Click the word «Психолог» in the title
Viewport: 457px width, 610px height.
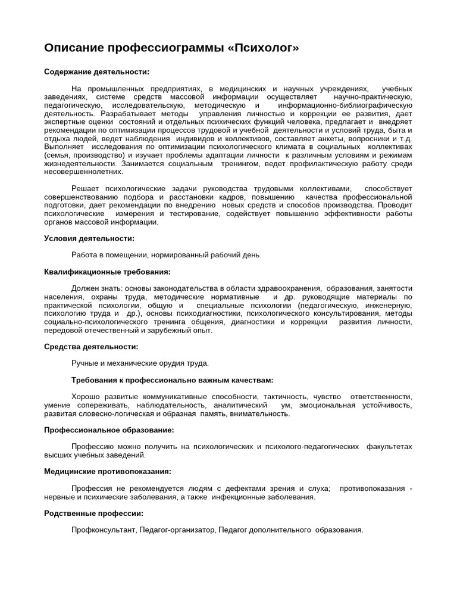[263, 47]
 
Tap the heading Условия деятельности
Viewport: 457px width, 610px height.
[89, 238]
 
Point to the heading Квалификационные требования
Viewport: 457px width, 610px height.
[107, 272]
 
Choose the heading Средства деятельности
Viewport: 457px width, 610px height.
[91, 346]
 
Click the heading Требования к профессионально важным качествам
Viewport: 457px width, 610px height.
[172, 379]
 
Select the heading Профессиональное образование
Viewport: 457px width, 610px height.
[109, 430]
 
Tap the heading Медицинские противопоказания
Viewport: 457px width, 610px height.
[108, 471]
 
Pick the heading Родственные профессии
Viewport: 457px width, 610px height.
[93, 513]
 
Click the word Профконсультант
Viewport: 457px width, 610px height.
[104, 530]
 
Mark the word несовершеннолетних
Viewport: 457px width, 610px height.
[83, 172]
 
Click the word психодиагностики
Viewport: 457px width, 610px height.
[211, 313]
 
